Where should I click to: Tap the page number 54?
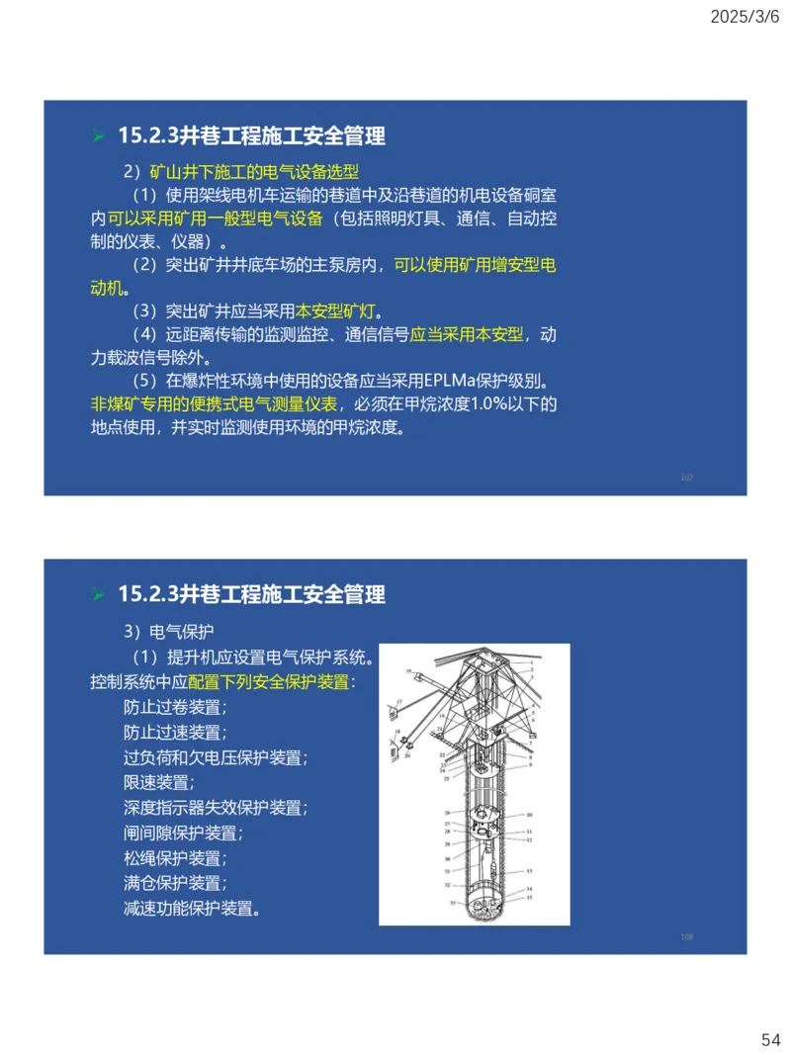pos(770,1039)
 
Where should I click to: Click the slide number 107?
pos(686,478)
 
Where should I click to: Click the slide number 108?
pos(686,936)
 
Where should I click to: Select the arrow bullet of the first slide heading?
pos(98,136)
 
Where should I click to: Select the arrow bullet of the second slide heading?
pos(98,595)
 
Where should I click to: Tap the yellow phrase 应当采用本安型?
pos(467,335)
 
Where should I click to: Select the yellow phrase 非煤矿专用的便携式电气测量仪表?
pos(214,404)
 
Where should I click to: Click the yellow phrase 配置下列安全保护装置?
pos(268,682)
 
